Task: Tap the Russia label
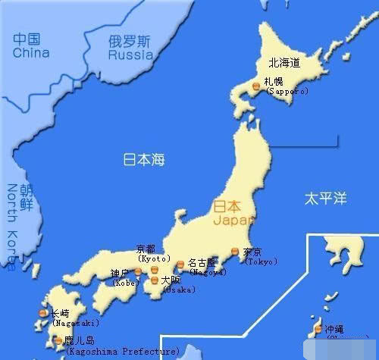[x=131, y=55]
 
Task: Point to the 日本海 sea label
[x=144, y=160]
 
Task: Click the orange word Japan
[x=229, y=221]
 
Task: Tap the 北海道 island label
[x=283, y=63]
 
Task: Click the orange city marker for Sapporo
[x=256, y=88]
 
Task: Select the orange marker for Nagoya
[x=180, y=265]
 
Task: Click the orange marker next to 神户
[x=138, y=271]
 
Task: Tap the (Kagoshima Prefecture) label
[x=123, y=351]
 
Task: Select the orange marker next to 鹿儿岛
[x=58, y=341]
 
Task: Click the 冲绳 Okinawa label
[x=334, y=330]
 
